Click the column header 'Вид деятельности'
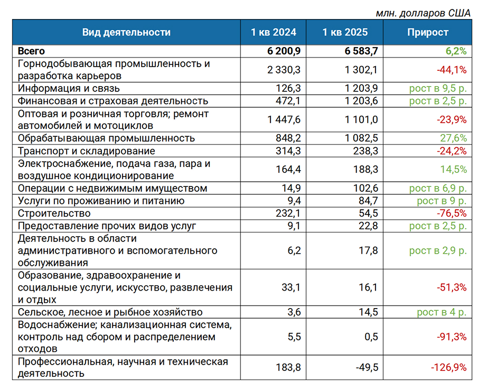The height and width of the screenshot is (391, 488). point(126,32)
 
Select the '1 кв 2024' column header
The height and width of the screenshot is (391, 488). point(274,32)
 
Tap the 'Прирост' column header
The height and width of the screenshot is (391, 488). point(428,32)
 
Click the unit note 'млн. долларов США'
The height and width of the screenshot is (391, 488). point(423,13)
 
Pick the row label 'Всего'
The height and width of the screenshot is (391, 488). point(31,51)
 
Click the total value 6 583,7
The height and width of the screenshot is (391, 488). point(361,51)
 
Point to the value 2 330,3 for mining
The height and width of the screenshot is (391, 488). point(284,70)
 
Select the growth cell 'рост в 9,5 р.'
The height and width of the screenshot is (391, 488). point(438,89)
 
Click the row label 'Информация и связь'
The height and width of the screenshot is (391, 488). point(69,89)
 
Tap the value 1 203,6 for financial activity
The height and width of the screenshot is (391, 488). point(361,101)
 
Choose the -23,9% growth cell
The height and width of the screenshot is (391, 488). point(452,120)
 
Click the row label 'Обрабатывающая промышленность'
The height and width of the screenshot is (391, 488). point(107,138)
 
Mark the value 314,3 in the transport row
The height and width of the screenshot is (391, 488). point(288,151)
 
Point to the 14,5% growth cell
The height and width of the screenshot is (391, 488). point(454,170)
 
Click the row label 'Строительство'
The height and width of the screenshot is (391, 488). point(54,213)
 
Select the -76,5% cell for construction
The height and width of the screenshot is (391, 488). point(452,213)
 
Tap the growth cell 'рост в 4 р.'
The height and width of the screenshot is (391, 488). point(442,312)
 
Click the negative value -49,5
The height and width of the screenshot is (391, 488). point(367,368)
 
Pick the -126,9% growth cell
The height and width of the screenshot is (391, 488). point(449,368)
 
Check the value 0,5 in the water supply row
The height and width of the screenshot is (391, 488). point(371,337)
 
